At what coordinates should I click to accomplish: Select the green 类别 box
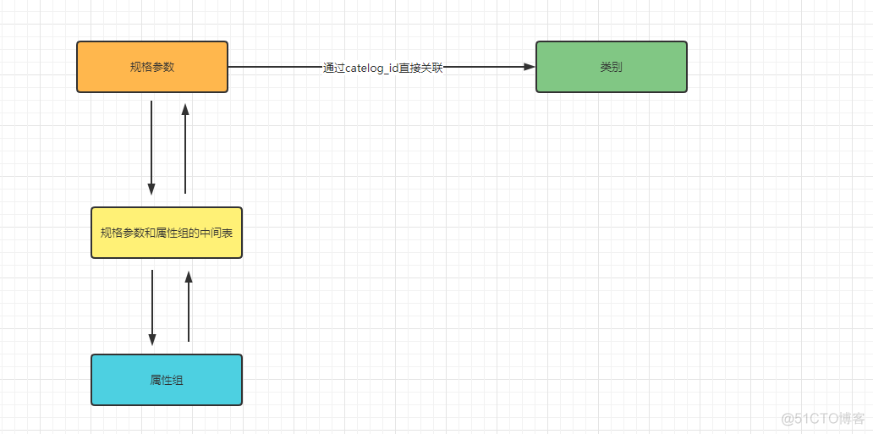[x=611, y=67]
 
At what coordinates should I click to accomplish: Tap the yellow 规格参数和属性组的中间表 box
[x=167, y=233]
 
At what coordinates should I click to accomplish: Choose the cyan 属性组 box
[x=167, y=380]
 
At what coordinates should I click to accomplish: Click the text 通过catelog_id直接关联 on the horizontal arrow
[x=382, y=68]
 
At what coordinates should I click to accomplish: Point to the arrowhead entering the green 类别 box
[x=530, y=67]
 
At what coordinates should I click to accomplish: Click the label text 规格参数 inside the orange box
[x=152, y=67]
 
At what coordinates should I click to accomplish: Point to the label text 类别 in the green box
[x=611, y=67]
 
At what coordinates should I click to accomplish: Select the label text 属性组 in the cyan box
[x=167, y=380]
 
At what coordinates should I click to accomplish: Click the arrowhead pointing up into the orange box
[x=185, y=109]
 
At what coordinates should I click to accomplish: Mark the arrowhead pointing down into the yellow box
[x=151, y=189]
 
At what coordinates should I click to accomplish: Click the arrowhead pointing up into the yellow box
[x=189, y=277]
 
